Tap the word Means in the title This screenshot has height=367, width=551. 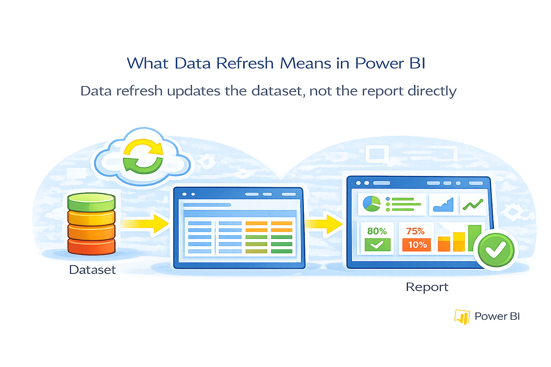pos(306,63)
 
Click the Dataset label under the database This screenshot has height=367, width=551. pos(93,270)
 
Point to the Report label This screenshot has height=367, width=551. pos(427,287)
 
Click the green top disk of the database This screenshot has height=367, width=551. pos(91,202)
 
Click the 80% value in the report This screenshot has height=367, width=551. pos(377,231)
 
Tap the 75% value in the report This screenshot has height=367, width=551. pos(415,231)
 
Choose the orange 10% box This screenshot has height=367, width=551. pos(417,245)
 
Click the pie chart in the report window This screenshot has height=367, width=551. pos(371,204)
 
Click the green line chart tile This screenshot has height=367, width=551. pos(473,205)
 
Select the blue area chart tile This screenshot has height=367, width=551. pos(443,205)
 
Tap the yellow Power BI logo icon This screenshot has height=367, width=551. pos(462,316)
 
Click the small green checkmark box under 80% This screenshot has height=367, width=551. pos(377,245)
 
